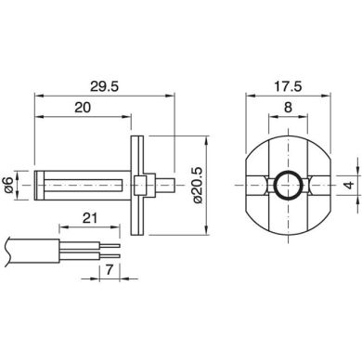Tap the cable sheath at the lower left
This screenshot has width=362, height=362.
pyautogui.click(x=28, y=248)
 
